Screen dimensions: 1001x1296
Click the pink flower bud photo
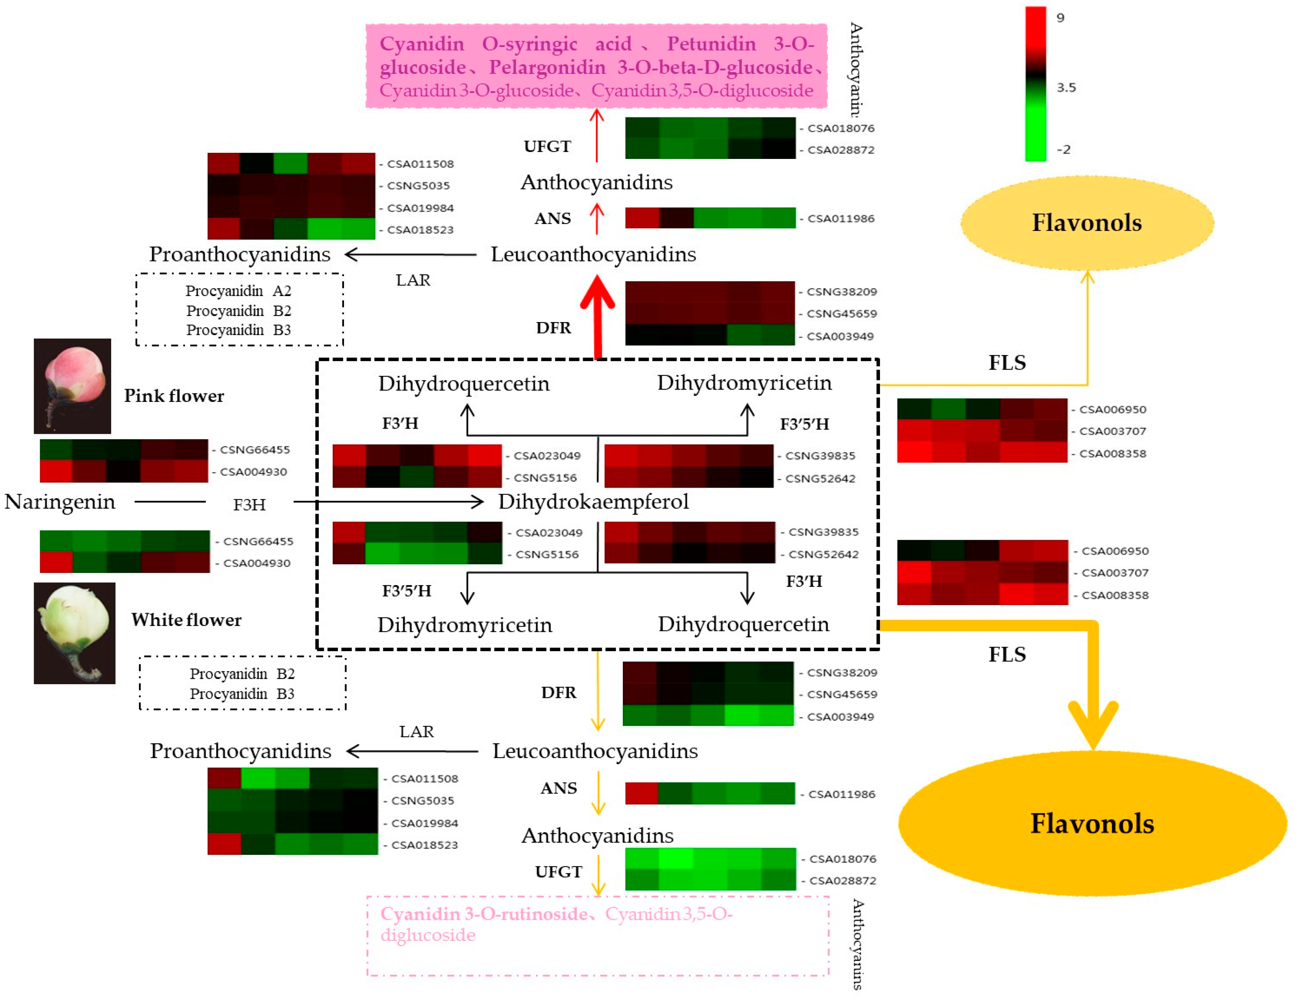point(72,386)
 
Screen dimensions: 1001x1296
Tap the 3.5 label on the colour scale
point(1066,88)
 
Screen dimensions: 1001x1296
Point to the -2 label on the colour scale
point(1064,149)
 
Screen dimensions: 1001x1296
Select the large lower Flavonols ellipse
point(1092,823)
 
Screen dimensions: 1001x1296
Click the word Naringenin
point(60,502)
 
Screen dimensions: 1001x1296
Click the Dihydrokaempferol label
point(593,502)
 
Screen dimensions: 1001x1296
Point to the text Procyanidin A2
point(238,291)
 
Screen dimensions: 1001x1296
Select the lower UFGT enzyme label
point(558,872)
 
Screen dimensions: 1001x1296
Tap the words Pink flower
point(174,396)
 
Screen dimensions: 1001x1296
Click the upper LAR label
point(413,280)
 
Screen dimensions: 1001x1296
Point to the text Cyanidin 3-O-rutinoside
point(484,914)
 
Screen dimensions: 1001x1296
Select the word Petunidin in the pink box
point(711,44)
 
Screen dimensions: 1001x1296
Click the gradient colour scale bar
point(1035,83)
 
